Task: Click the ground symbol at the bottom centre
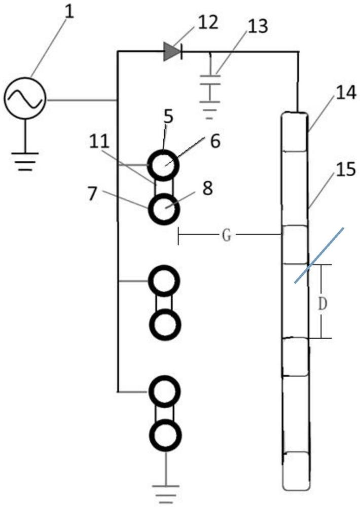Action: [x=165, y=492]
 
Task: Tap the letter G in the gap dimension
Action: [x=227, y=235]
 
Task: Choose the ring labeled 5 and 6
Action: [x=163, y=165]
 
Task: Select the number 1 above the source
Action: [x=68, y=12]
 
